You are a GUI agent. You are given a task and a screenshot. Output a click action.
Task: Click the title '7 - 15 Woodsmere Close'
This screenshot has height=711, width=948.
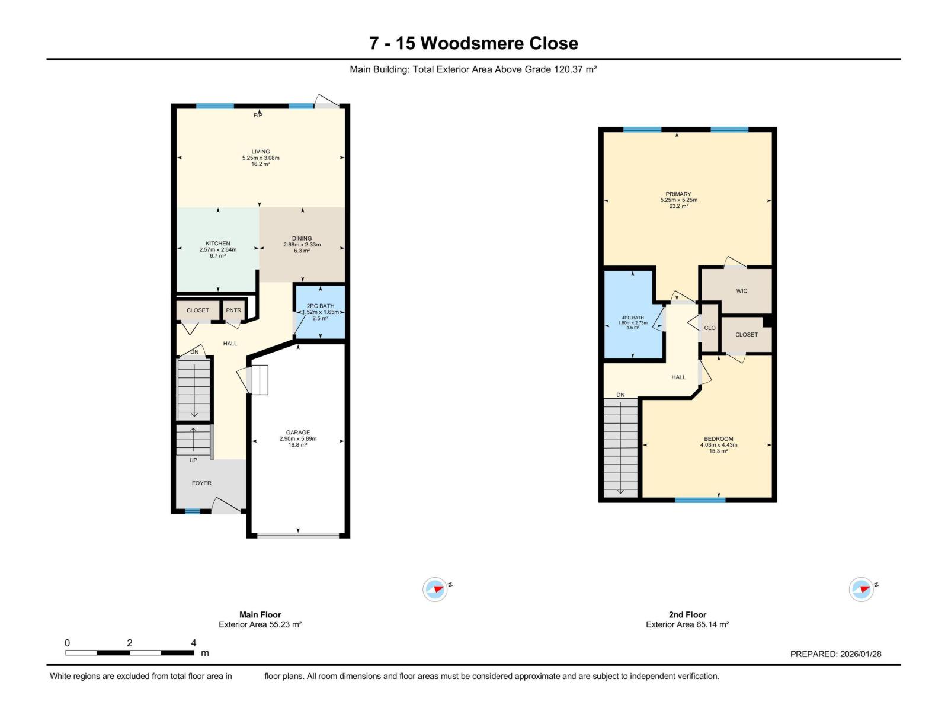click(x=473, y=43)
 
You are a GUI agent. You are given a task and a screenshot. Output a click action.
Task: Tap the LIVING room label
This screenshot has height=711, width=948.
click(x=260, y=152)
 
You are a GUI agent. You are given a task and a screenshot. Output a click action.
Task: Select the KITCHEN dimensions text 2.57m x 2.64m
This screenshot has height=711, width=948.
click(x=217, y=250)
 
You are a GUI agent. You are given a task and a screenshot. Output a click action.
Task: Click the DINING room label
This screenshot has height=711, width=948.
click(x=302, y=238)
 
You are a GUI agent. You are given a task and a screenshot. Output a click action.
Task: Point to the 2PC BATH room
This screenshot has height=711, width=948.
click(x=320, y=312)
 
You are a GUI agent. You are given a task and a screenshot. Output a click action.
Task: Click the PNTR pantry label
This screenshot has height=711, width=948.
click(x=233, y=310)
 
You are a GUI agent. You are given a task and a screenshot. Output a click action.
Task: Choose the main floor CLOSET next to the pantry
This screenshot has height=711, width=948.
click(x=198, y=310)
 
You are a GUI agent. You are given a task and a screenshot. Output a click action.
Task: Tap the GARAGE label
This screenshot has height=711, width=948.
click(x=297, y=433)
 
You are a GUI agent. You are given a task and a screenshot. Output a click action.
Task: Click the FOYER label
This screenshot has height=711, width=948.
click(x=201, y=483)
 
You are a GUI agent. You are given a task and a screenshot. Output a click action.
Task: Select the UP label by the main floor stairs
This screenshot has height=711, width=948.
click(x=193, y=460)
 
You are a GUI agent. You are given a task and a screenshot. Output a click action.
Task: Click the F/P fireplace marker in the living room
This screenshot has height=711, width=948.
click(x=258, y=115)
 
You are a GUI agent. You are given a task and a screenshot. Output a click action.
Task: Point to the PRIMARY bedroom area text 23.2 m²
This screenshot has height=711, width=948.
click(x=678, y=207)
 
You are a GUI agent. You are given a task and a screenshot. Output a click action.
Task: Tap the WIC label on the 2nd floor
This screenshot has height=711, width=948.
click(x=741, y=291)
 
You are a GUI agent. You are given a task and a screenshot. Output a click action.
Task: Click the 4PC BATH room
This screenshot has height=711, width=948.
click(x=633, y=323)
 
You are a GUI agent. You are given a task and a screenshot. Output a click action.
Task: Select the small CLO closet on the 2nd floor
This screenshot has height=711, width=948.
click(x=709, y=328)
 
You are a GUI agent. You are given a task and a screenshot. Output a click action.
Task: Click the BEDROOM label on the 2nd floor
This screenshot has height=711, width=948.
click(x=718, y=439)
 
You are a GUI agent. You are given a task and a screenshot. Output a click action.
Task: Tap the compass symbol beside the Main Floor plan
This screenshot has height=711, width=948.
click(x=435, y=590)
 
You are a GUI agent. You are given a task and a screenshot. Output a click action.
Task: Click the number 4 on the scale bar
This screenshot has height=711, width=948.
click(x=194, y=643)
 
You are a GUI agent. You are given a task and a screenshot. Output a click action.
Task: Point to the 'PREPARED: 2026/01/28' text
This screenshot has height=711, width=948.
click(x=835, y=654)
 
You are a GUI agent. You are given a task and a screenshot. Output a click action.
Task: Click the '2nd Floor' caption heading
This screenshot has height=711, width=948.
click(x=687, y=615)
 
